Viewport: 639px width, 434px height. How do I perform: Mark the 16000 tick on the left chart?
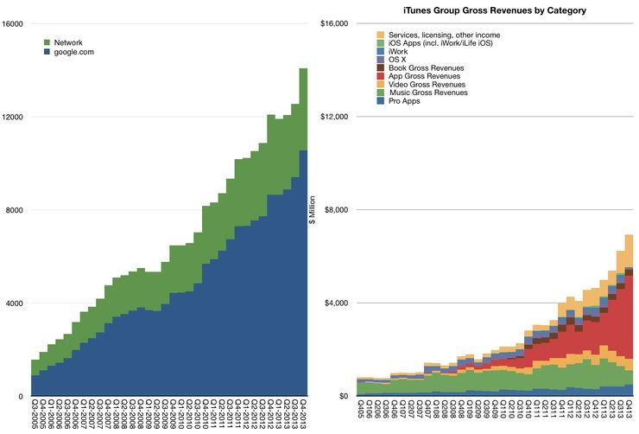13,23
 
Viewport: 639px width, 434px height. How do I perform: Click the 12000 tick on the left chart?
13,117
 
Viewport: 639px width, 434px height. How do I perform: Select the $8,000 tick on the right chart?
335,210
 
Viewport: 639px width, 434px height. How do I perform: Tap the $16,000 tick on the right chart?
333,23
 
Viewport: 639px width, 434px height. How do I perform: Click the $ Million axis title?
313,210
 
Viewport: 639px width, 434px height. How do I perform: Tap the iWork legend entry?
402,51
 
